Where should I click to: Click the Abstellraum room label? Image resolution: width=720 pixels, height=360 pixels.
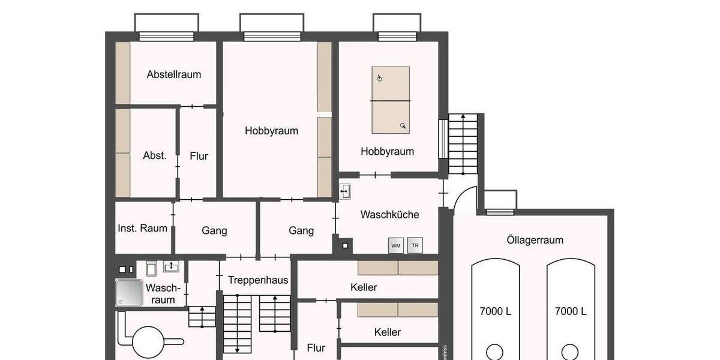174,75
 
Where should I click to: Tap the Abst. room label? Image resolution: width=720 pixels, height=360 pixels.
155,155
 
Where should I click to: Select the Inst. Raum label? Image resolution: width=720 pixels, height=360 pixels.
143,228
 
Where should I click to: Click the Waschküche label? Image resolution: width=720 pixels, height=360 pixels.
389,215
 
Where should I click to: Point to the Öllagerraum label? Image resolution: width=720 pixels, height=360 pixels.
531,240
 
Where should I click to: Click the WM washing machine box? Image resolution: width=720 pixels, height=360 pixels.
396,246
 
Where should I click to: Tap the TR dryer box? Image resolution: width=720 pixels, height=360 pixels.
414,246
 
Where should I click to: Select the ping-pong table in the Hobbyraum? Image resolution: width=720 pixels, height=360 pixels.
391,100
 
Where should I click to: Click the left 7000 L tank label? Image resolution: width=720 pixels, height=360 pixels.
496,311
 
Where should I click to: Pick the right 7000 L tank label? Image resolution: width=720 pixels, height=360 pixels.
571,311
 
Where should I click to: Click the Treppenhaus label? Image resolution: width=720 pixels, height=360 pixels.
258,280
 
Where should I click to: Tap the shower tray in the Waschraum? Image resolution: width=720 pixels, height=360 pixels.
129,293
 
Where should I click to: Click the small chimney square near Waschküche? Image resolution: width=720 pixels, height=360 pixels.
345,245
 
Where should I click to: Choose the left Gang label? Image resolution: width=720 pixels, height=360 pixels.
214,231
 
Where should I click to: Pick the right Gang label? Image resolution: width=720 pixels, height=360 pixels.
301,231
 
